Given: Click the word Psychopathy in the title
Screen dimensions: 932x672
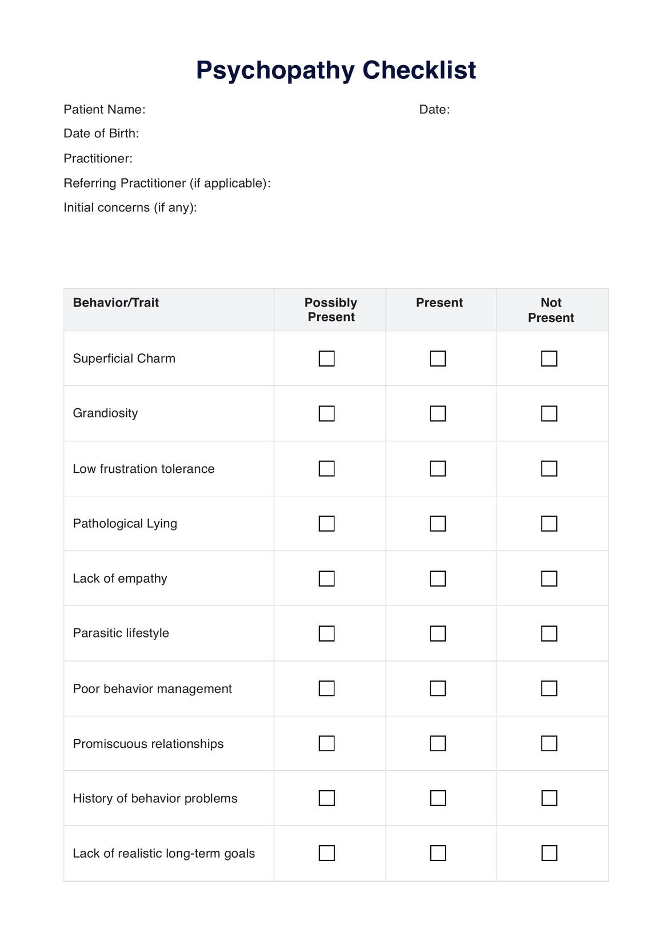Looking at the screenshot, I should (275, 70).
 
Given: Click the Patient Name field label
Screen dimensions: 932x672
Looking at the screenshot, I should (104, 109).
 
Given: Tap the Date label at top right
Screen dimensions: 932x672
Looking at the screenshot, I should (434, 109).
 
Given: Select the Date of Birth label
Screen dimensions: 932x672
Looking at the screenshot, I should (101, 133).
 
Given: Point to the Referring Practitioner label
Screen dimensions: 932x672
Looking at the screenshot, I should (167, 183).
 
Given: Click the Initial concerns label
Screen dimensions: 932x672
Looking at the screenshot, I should (130, 208).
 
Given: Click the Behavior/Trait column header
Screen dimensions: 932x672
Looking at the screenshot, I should (116, 302).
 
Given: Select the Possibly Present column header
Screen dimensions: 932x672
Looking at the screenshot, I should (331, 309).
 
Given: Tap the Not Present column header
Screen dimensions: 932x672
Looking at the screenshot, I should (551, 310).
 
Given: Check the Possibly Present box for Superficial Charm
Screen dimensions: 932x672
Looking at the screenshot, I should (326, 359).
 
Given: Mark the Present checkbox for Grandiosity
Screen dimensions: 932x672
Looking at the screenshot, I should (438, 413).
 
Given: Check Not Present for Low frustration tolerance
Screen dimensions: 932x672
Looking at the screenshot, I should (549, 469).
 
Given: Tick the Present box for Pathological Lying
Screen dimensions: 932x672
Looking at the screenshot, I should (438, 524).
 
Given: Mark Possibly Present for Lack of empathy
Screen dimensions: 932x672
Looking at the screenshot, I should (326, 579).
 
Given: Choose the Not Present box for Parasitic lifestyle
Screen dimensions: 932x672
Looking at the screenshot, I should (549, 634).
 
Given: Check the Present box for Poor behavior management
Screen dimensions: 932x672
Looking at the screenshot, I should (438, 688).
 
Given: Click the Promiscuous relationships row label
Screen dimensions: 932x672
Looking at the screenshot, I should (148, 743).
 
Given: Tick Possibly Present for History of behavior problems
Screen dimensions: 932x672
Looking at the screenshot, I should (326, 798).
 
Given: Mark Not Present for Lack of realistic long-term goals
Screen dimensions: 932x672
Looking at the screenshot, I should (549, 853).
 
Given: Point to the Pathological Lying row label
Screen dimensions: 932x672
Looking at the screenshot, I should (125, 524).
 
